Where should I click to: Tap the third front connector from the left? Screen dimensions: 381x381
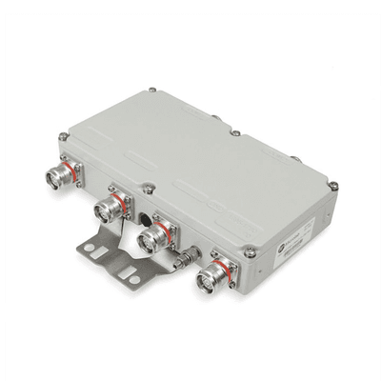150,241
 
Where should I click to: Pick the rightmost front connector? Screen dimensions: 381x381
209,279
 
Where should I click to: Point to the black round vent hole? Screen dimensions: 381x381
146,203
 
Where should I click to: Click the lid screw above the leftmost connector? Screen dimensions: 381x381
63,136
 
